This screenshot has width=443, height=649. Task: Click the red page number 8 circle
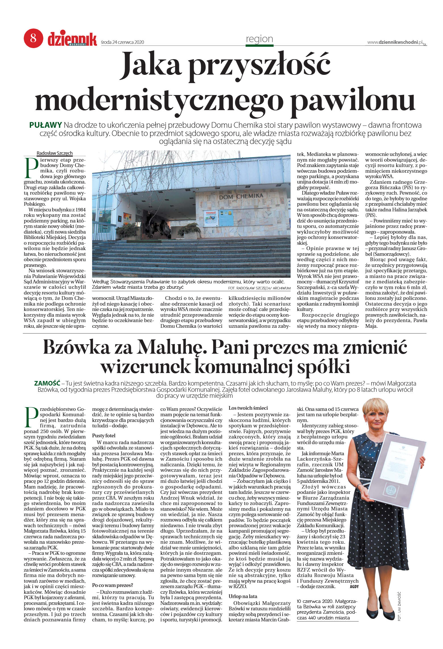33,38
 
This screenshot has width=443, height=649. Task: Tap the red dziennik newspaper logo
72,39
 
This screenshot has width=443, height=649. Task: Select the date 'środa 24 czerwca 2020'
123,42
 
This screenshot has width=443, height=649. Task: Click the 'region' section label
259,39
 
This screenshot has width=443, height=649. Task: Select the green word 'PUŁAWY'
45,125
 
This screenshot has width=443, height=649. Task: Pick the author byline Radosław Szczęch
55,153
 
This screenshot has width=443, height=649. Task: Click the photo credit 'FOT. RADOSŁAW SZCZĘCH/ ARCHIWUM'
259,288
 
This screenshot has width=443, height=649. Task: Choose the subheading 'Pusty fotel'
103,436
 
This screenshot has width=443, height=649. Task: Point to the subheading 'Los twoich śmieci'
248,408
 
